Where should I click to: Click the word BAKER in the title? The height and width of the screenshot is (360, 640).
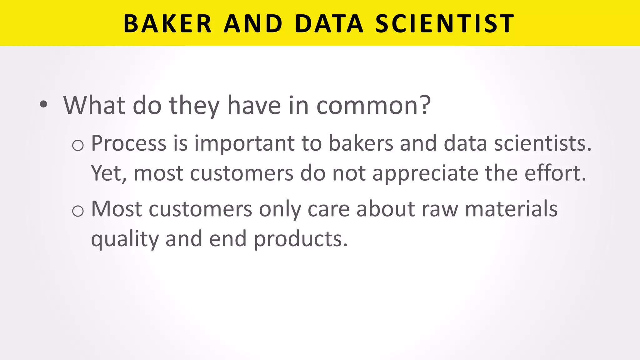pos(168,23)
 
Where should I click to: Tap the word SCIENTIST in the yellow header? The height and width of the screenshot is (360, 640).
pos(444,23)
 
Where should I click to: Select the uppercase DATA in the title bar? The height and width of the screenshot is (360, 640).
pos(329,23)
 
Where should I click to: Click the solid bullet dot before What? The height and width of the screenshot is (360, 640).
pos(44,105)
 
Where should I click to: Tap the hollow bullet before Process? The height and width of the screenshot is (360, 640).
pos(78,145)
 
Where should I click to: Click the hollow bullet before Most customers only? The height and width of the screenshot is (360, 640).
pos(78,211)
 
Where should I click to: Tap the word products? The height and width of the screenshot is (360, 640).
pos(300,239)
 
